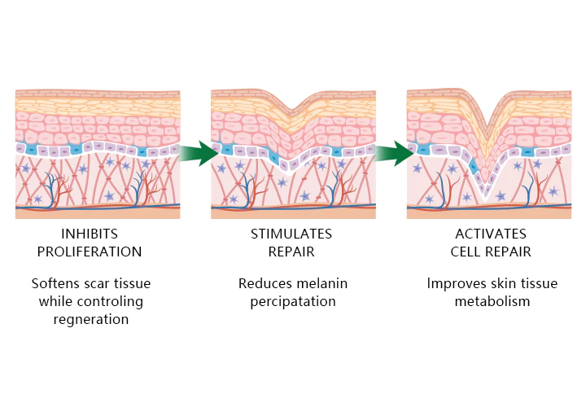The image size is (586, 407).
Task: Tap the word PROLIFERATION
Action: click(x=98, y=252)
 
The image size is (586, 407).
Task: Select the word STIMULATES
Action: click(x=291, y=234)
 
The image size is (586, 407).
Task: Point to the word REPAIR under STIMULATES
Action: click(x=291, y=252)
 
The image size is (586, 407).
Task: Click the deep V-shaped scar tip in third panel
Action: click(x=487, y=194)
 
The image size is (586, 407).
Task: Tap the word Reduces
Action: click(x=265, y=284)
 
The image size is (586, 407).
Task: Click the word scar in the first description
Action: click(x=110, y=284)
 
